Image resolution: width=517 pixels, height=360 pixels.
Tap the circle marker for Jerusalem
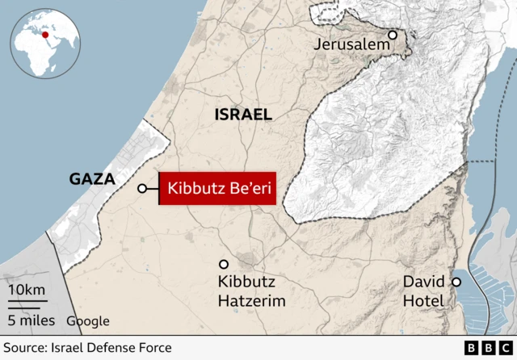point(393,35)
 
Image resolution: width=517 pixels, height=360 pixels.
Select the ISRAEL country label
point(242,115)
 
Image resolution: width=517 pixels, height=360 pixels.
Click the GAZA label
point(92,178)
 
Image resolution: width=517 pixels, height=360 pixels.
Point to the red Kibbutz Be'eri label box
point(218,189)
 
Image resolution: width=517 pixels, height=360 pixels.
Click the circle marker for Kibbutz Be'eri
point(142,189)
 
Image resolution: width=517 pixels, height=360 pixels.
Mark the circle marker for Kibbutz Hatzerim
point(224,264)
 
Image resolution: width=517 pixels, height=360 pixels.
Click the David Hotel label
point(424,291)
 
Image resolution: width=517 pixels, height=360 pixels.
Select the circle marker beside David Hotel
point(456,282)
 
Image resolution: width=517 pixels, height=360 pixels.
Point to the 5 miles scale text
point(32,320)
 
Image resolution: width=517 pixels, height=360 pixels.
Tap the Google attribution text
point(87,321)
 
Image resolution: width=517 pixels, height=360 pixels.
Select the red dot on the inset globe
point(46,34)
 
